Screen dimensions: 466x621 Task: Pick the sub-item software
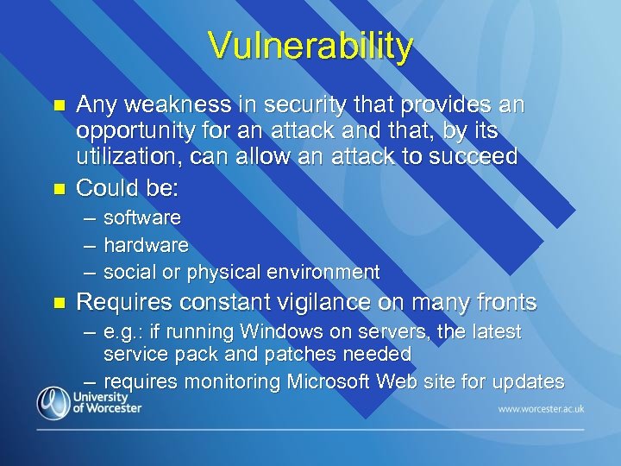click(142, 217)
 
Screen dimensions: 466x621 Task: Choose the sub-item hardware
click(146, 245)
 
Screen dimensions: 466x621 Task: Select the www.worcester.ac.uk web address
click(540, 406)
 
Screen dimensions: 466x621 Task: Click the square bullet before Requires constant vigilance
click(60, 304)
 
